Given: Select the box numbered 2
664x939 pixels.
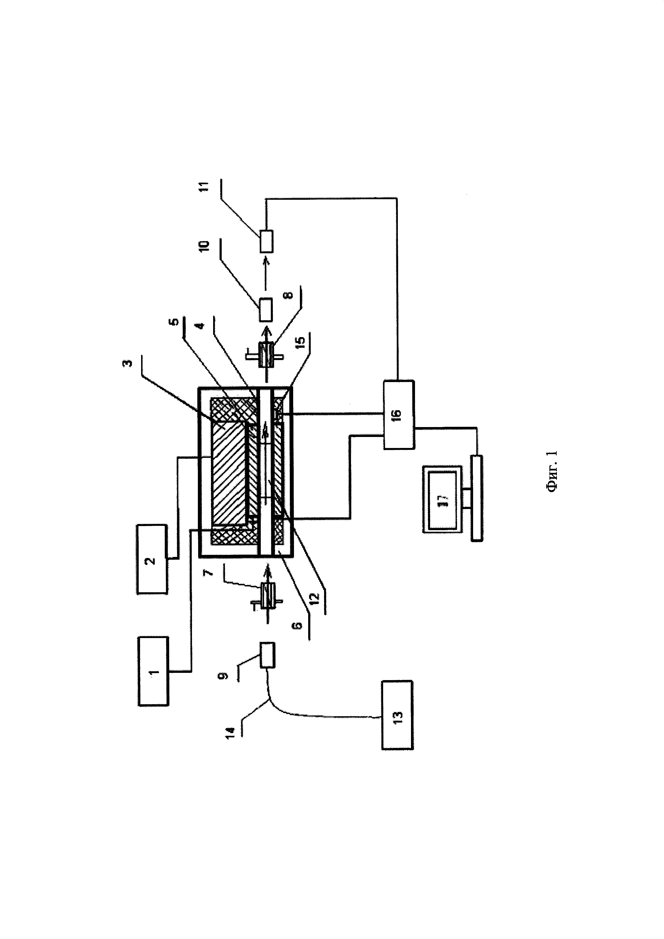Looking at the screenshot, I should coord(152,560).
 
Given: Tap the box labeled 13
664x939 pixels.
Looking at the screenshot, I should coord(397,715).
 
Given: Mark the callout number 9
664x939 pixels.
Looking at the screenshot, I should coord(223,676).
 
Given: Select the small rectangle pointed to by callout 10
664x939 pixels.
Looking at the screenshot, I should coord(266,310).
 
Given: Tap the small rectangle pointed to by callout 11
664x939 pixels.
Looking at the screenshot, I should coord(266,241).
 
